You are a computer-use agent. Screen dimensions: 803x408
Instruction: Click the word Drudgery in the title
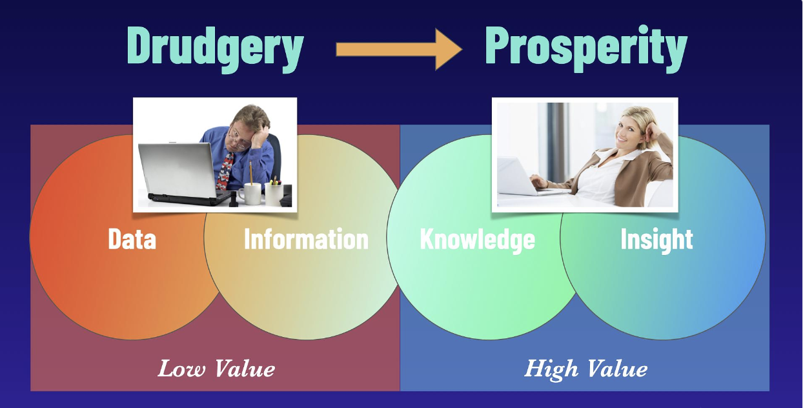pos(216,49)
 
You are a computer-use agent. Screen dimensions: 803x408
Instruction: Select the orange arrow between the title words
pos(399,50)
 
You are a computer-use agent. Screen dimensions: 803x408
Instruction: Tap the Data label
pos(132,239)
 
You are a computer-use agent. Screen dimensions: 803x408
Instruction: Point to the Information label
pos(306,238)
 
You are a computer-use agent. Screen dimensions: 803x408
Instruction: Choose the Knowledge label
pos(478,240)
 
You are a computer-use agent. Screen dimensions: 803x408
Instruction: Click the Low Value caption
pos(216,369)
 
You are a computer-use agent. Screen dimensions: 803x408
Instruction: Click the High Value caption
pos(585,369)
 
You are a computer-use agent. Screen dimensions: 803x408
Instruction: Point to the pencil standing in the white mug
pos(250,173)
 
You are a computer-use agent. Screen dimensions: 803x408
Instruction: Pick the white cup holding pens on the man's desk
pos(274,194)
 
